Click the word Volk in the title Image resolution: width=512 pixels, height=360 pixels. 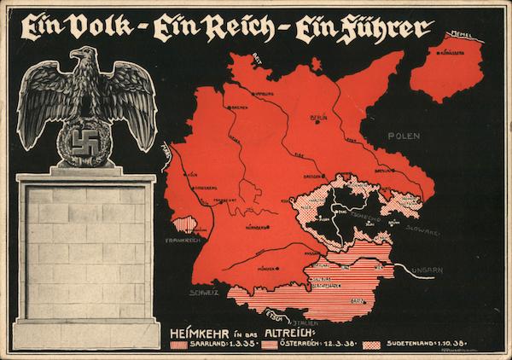[x=101, y=27]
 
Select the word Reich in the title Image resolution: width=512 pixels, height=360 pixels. [x=229, y=28]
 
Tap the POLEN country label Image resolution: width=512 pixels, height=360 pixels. [x=404, y=136]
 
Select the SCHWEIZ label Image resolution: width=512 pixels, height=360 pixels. [x=204, y=292]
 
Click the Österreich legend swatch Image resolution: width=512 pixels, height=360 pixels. [x=271, y=345]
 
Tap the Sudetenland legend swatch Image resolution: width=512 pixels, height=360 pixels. [x=371, y=345]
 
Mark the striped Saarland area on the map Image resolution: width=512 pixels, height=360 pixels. [x=184, y=224]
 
